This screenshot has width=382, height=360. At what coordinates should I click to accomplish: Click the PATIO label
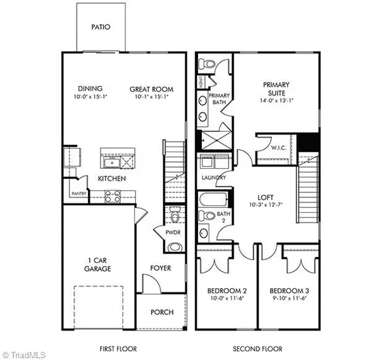[101, 27]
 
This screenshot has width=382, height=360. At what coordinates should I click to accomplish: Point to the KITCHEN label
[111, 179]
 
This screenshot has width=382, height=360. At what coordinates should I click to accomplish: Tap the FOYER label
[160, 268]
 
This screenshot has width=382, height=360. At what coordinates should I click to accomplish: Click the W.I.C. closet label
[278, 148]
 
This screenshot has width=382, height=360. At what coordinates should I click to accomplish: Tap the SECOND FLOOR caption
[256, 350]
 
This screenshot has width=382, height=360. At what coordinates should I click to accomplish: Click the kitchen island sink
[109, 155]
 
